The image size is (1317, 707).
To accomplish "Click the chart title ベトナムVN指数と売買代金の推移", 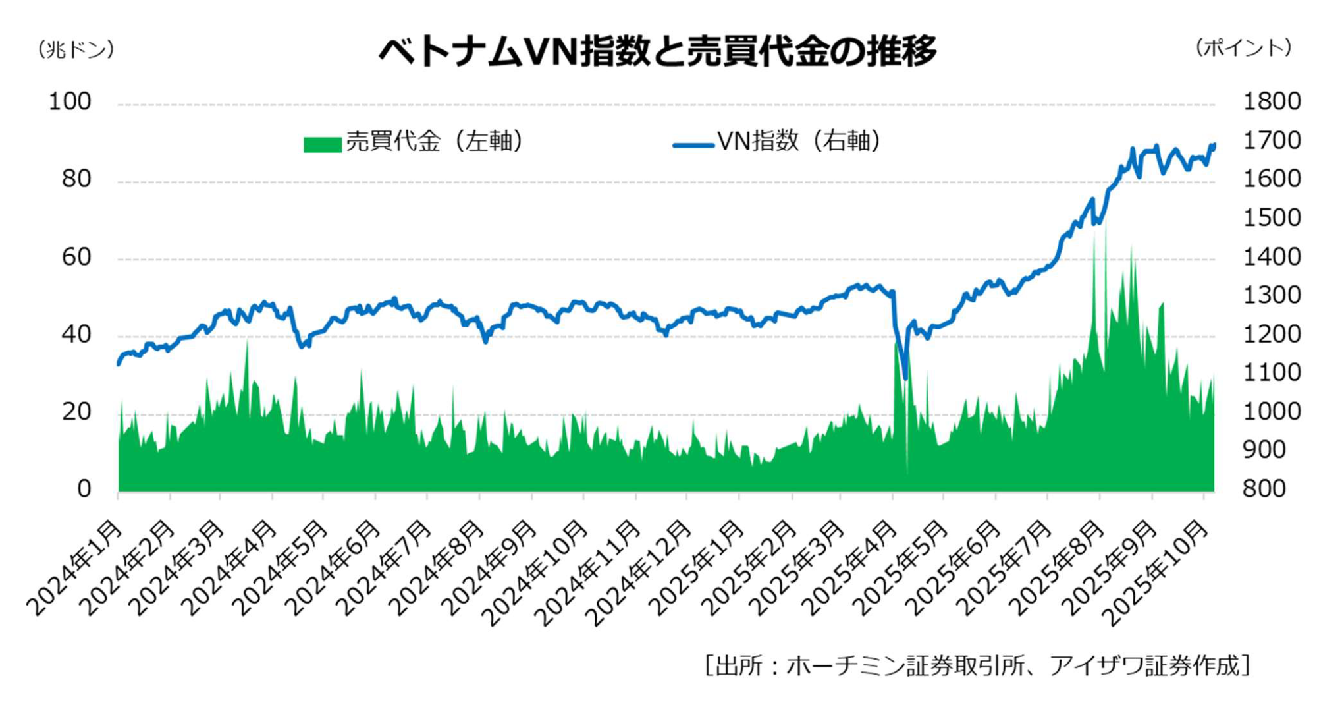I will click(657, 51).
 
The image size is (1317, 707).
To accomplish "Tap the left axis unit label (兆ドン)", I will click(76, 49).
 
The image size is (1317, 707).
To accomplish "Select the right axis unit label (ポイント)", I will click(1244, 48).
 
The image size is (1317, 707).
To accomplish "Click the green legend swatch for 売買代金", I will click(322, 144).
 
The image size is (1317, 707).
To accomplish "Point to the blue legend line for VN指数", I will click(693, 144).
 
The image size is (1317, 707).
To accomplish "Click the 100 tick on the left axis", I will click(70, 101).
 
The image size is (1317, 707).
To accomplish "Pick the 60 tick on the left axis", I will click(76, 257).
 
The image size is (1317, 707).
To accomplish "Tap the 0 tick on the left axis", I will click(84, 489).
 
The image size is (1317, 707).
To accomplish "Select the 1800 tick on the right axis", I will click(1271, 101).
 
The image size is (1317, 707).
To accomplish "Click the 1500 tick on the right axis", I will click(1271, 218).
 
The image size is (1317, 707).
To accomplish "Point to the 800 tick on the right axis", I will click(1264, 489).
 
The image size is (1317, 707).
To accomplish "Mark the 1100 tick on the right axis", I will click(1271, 373).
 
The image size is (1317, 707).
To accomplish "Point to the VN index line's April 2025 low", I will click(905, 378).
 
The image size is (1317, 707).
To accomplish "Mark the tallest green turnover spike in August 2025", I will click(1105, 227).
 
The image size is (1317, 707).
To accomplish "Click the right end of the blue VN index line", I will click(1214, 144).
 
